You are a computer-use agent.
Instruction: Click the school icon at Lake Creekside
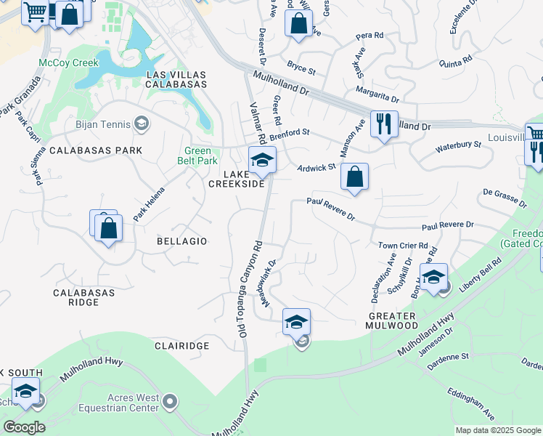[262, 161]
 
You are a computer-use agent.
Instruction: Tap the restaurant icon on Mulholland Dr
[384, 124]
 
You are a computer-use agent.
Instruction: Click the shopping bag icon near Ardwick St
[354, 177]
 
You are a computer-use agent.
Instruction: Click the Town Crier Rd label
[403, 246]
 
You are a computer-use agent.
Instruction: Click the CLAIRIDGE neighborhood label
[182, 346]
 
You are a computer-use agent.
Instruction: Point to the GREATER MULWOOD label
[392, 321]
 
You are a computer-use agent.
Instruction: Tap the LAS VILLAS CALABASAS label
[176, 80]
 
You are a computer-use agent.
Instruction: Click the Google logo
[24, 427]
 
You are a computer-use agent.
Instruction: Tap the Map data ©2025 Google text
[497, 430]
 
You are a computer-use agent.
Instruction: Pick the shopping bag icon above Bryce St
[298, 23]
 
